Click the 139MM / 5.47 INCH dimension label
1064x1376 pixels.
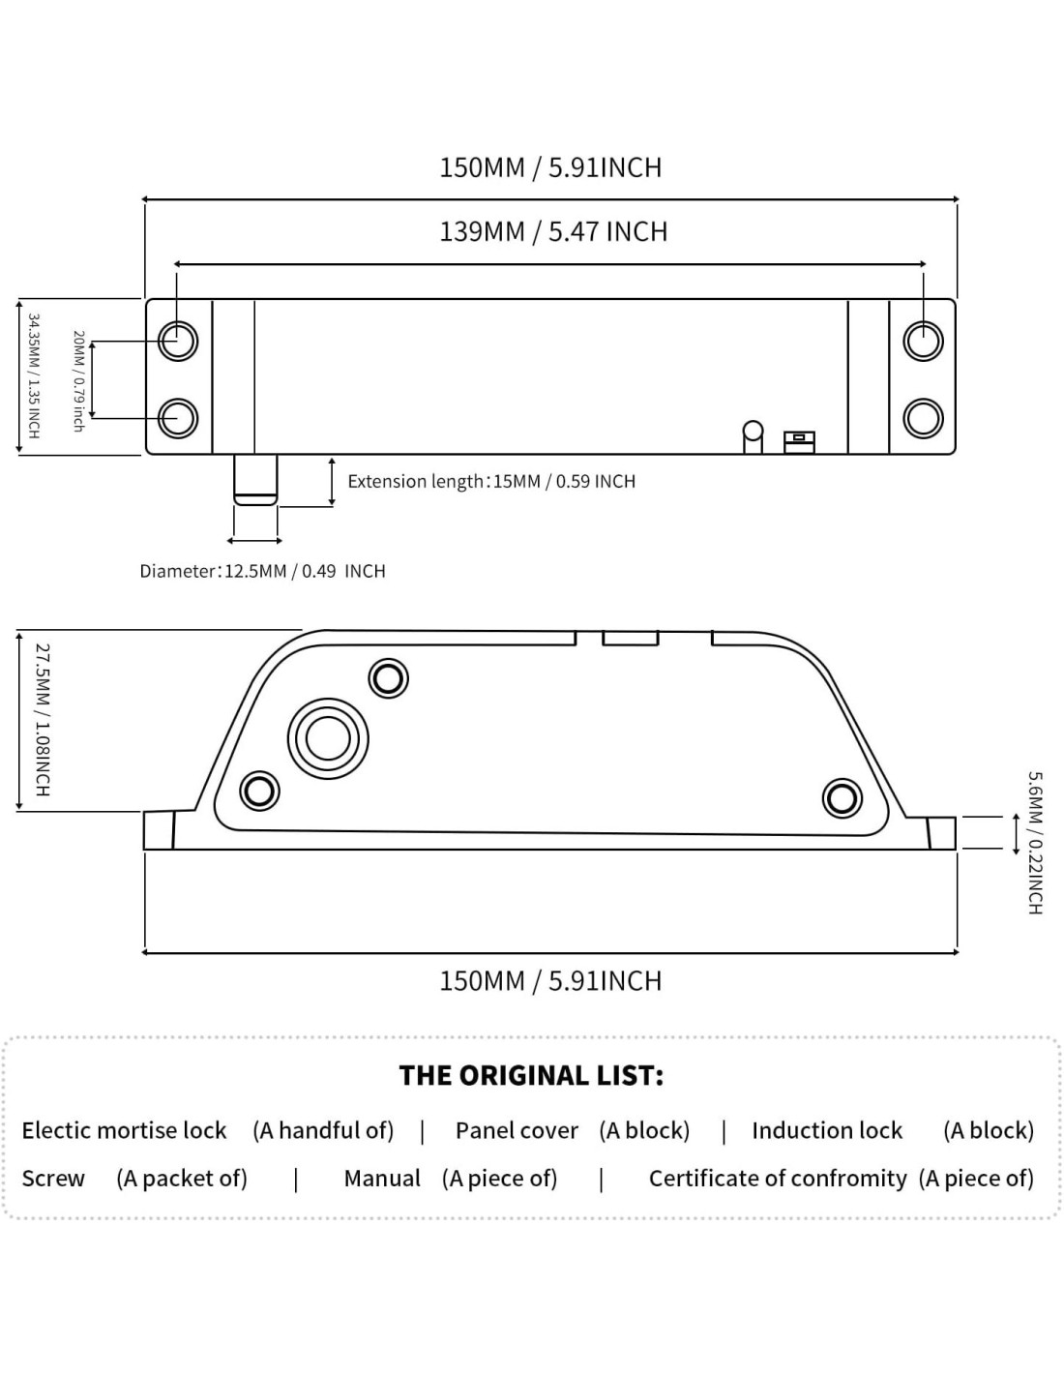coord(553,232)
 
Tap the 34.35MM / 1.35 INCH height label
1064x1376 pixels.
coord(33,375)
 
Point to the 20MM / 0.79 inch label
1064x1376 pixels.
coord(78,380)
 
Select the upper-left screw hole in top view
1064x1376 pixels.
coord(178,341)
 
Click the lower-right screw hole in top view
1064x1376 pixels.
coord(923,418)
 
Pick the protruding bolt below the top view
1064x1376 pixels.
coord(255,480)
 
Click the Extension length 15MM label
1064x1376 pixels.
coord(491,481)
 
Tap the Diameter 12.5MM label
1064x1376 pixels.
coord(262,571)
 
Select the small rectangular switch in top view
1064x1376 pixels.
coord(800,440)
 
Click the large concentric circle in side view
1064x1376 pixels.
coord(328,739)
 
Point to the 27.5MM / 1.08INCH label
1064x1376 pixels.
coord(42,720)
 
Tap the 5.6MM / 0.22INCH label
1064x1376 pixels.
coord(1034,842)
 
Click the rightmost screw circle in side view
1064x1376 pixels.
coord(842,798)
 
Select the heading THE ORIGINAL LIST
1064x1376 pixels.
coord(531,1076)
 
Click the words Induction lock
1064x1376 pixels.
coord(826,1130)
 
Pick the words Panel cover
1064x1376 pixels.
coord(517,1130)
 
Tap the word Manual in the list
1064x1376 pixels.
coord(382,1179)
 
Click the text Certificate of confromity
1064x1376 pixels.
coord(778,1179)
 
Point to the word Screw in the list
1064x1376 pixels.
coord(53,1179)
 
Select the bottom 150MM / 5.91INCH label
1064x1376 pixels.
coord(550,981)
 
